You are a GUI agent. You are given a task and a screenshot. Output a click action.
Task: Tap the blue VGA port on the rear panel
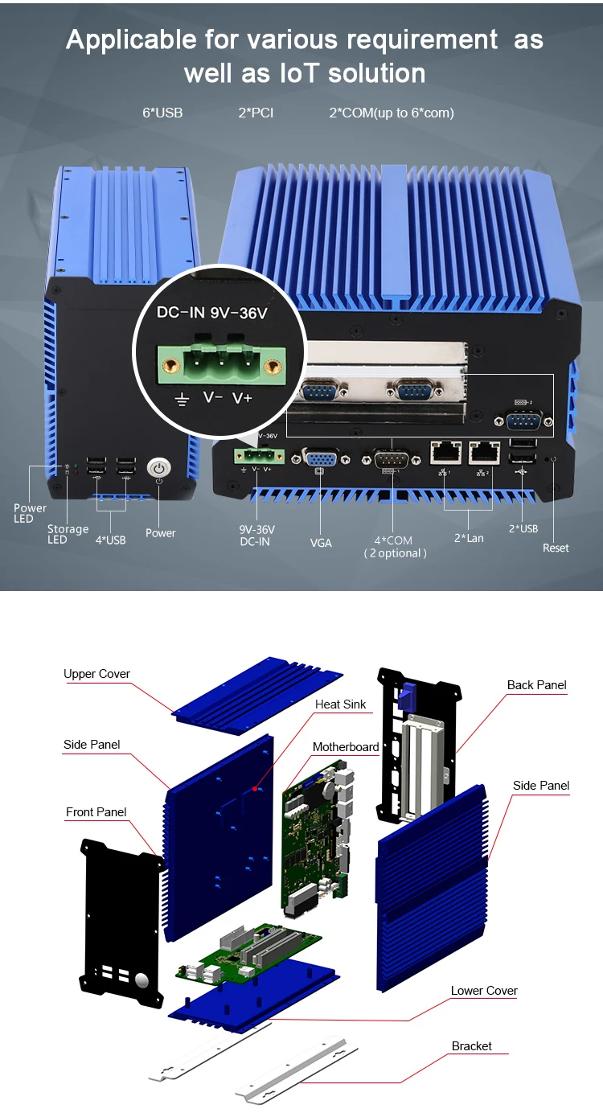(x=320, y=459)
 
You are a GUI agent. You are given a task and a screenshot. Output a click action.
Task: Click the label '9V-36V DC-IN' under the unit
(x=256, y=536)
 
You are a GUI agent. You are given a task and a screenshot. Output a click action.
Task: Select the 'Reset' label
(x=556, y=548)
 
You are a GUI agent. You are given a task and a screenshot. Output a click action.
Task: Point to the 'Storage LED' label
(x=68, y=534)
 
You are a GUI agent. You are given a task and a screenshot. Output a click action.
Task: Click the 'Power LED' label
(x=30, y=513)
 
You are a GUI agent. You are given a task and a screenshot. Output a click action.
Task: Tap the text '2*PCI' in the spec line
(x=256, y=113)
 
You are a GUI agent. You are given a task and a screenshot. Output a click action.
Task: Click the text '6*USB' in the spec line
(x=162, y=113)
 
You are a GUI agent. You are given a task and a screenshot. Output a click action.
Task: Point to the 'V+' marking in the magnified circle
(x=242, y=398)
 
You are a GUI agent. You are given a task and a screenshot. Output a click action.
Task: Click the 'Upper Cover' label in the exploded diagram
(x=96, y=674)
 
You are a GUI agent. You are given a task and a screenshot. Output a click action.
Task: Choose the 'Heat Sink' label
(x=340, y=704)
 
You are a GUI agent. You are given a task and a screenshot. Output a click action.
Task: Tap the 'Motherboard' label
(x=346, y=747)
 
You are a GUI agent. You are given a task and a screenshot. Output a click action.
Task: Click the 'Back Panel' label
(x=536, y=685)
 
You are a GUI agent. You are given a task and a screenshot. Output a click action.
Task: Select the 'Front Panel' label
(x=96, y=812)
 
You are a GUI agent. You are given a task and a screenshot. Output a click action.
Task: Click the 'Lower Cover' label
(x=484, y=991)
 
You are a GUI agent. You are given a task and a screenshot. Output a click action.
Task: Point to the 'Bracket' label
(x=471, y=1046)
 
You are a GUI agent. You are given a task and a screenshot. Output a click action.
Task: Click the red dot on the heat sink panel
(x=256, y=789)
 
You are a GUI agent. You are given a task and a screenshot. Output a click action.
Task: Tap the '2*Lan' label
(x=469, y=537)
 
